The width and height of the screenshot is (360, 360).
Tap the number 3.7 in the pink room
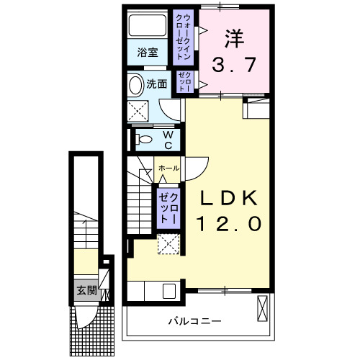tap(233, 66)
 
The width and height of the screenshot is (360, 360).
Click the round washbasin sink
tap(135, 85)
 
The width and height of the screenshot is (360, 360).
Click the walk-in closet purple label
tap(184, 37)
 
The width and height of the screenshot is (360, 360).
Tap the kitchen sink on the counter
tap(171, 291)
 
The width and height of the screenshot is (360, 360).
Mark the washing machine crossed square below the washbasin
tap(138, 112)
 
